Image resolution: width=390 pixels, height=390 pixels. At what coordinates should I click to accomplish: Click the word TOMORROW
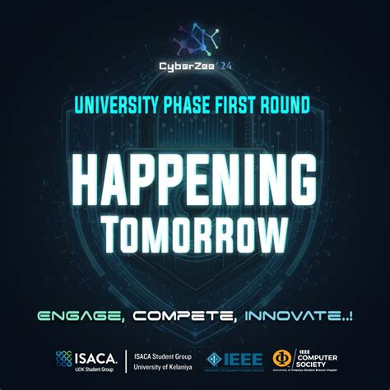(x=194, y=233)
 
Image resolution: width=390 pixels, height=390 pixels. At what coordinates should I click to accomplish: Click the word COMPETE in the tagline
(x=183, y=315)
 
